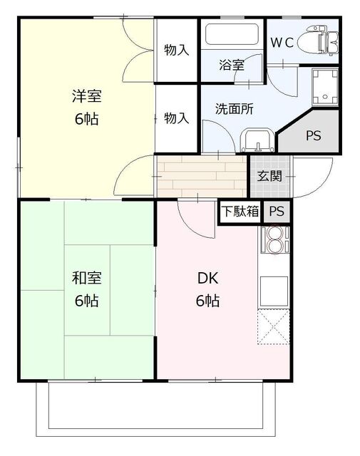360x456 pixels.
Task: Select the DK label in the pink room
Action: pos(207,279)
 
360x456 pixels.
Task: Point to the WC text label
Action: pos(280,41)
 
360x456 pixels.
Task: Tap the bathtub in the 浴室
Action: pos(232,35)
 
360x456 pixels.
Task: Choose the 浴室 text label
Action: pos(232,66)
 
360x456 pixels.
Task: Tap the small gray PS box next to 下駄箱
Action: pos(276,211)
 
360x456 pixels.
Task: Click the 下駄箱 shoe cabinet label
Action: pos(239,211)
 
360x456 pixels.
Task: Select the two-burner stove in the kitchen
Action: pos(274,241)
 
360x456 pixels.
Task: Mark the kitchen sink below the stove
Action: pos(274,289)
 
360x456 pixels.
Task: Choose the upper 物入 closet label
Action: pos(176,50)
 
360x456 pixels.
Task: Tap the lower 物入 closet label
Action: pos(176,118)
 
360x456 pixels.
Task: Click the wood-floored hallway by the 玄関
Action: pos(201,175)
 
